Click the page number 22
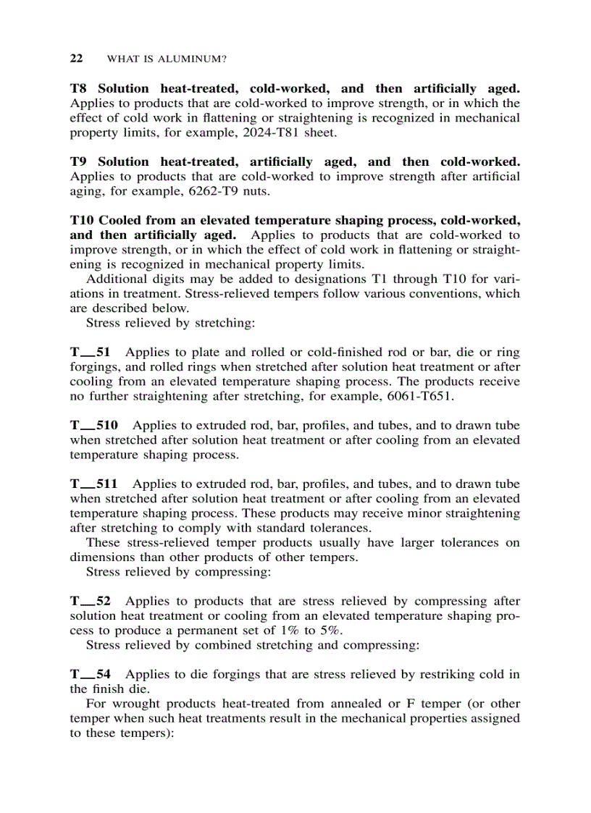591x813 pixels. tap(76, 58)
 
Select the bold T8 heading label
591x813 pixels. tap(79, 89)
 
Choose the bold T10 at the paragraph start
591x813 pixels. tap(82, 220)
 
